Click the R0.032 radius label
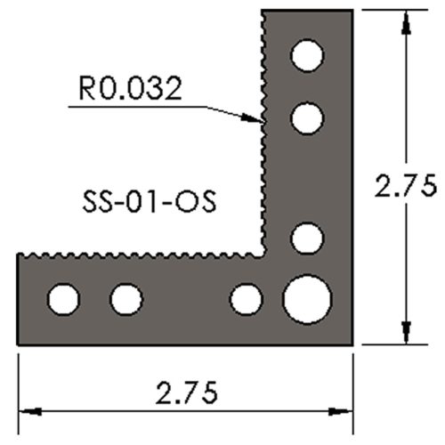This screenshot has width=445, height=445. [129, 88]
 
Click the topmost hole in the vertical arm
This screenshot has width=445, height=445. [307, 56]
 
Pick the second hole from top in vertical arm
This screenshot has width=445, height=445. [306, 117]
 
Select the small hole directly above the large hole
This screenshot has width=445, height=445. [306, 238]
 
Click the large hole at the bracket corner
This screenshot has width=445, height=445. [307, 298]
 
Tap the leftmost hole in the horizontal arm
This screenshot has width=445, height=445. [63, 299]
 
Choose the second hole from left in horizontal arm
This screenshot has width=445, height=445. [125, 299]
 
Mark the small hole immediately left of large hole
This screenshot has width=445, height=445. [246, 299]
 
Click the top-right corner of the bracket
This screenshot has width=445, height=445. [354, 11]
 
